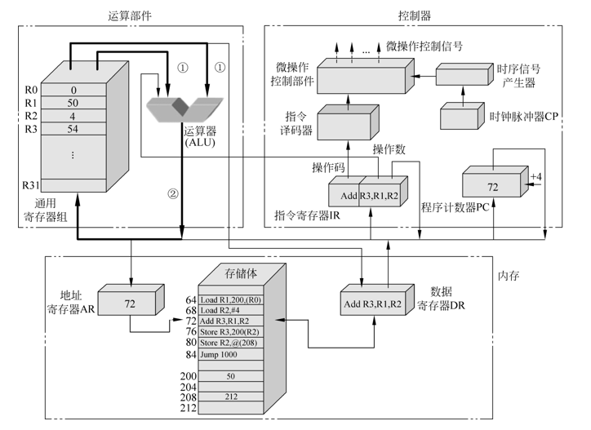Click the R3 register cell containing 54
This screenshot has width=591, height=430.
coord(73,129)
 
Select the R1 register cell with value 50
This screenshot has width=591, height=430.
coord(73,103)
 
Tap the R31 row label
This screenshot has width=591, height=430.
coord(28,185)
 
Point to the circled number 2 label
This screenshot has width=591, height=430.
coord(172,193)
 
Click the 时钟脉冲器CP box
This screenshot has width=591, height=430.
coord(464,117)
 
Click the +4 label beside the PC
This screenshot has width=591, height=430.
coord(535,175)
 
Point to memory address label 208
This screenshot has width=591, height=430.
coord(187,396)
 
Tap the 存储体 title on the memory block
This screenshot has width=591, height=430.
coord(240,272)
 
